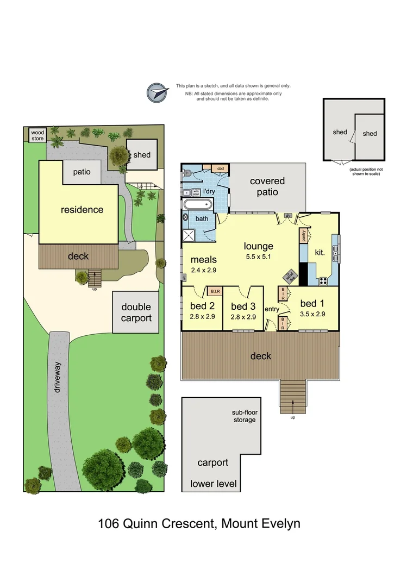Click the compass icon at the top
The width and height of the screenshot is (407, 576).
(156, 92)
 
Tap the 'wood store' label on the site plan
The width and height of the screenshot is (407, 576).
(37, 134)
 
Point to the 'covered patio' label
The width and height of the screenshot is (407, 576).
(267, 186)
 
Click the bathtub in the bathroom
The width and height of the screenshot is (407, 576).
(197, 205)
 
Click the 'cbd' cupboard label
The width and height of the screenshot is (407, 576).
(221, 168)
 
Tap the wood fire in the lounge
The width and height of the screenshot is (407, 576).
(290, 276)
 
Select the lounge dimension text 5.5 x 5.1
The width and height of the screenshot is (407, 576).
(258, 256)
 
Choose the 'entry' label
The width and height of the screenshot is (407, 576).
(271, 309)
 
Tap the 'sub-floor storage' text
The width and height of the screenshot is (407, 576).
(243, 416)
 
